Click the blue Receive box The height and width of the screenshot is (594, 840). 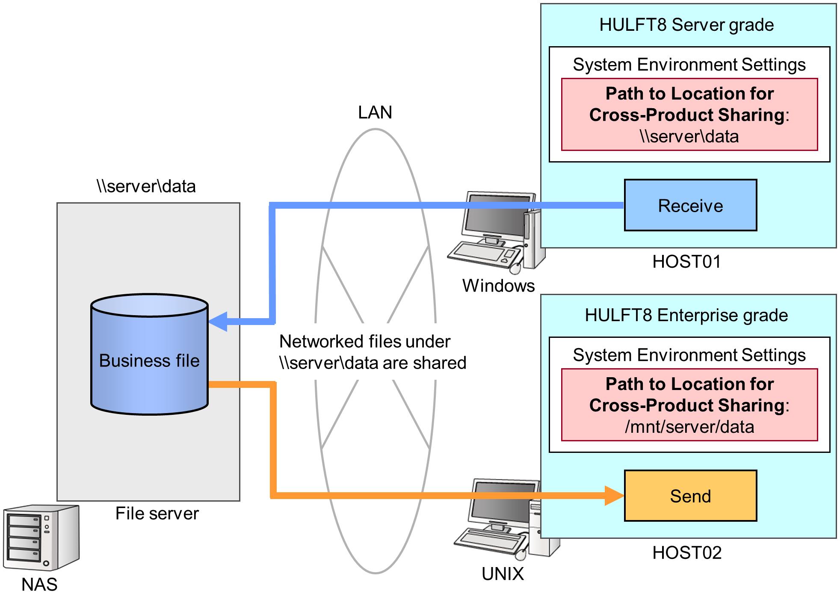[x=690, y=205]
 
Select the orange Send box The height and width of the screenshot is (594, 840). [x=690, y=496]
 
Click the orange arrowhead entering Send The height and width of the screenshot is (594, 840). [x=614, y=496]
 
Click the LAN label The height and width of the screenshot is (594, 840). [x=375, y=112]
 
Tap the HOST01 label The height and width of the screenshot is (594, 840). [x=686, y=262]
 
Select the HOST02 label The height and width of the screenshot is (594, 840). [x=686, y=553]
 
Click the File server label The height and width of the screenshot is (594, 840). [x=157, y=514]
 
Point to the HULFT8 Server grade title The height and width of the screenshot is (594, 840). [x=686, y=25]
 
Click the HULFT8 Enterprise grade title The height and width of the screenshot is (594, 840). [x=686, y=315]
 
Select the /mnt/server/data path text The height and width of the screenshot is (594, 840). [x=689, y=427]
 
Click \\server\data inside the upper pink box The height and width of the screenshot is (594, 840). [x=689, y=136]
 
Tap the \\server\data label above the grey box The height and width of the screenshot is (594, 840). [x=146, y=186]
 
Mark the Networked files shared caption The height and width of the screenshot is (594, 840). [x=372, y=352]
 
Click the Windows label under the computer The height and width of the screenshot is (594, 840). [x=498, y=286]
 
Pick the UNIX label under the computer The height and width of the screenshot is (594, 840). [x=503, y=574]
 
